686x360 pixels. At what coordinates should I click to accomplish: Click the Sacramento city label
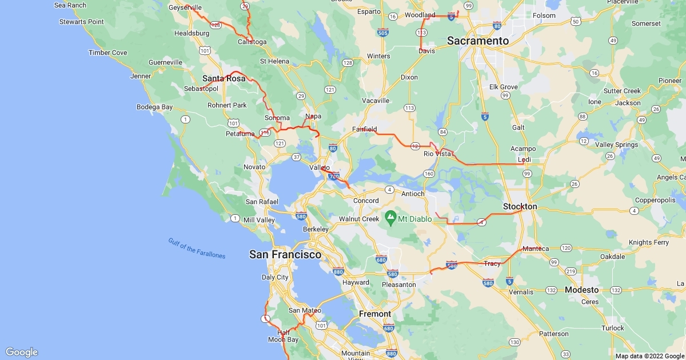(x=477, y=41)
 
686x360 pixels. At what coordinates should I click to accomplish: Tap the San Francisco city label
(x=285, y=255)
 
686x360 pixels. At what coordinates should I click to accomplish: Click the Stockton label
(x=520, y=206)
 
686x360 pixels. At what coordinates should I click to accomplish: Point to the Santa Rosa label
(x=224, y=79)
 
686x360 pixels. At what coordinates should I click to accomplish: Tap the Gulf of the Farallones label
(x=197, y=248)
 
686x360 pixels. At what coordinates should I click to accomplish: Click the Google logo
(x=22, y=352)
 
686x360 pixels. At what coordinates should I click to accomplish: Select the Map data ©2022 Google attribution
(x=649, y=356)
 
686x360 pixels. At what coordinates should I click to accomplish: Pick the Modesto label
(x=581, y=290)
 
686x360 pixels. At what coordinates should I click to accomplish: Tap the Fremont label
(x=375, y=314)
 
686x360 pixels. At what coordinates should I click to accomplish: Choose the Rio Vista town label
(x=437, y=154)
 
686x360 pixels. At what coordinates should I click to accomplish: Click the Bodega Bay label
(x=154, y=107)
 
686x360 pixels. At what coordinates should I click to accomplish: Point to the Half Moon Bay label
(x=284, y=336)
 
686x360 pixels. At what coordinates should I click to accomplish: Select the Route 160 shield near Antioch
(x=430, y=173)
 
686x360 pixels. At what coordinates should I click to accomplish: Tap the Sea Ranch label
(x=70, y=5)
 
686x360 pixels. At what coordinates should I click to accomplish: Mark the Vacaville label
(x=376, y=101)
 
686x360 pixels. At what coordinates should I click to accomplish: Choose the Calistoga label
(x=252, y=42)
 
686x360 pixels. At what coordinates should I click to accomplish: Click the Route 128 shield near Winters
(x=347, y=62)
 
